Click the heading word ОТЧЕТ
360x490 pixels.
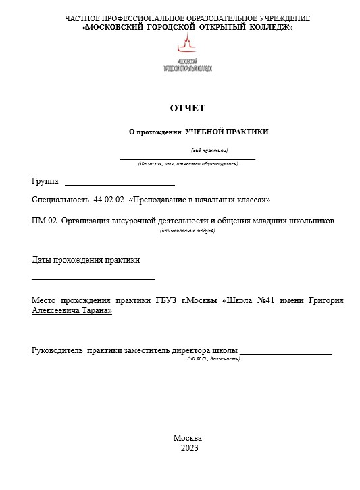[187, 108]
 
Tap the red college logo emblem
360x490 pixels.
[187, 46]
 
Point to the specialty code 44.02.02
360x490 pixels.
[108, 200]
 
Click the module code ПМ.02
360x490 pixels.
[44, 221]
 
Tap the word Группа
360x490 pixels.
[45, 182]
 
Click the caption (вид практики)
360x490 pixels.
[209, 150]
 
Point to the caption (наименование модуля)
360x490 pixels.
[187, 231]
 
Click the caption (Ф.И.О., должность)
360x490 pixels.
[213, 359]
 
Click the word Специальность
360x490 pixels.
[61, 200]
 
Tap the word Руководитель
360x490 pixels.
[57, 350]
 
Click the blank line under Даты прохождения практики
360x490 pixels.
[93, 278]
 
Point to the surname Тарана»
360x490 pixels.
[95, 311]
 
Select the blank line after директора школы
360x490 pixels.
[286, 352]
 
